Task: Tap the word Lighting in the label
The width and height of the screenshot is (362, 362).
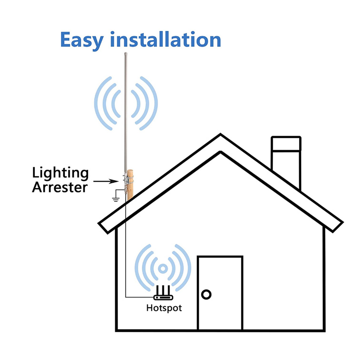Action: tap(60, 173)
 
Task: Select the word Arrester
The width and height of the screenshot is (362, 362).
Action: tap(60, 187)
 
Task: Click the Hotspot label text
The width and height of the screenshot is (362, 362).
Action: tap(164, 308)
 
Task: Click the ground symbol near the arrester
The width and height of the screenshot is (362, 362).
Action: tap(115, 197)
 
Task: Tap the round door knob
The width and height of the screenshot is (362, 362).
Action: tap(206, 294)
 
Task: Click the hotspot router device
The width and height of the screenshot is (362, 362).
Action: tap(163, 297)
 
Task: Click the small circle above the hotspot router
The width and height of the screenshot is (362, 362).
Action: tap(163, 268)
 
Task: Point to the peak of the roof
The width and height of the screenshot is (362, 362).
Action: tap(221, 137)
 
